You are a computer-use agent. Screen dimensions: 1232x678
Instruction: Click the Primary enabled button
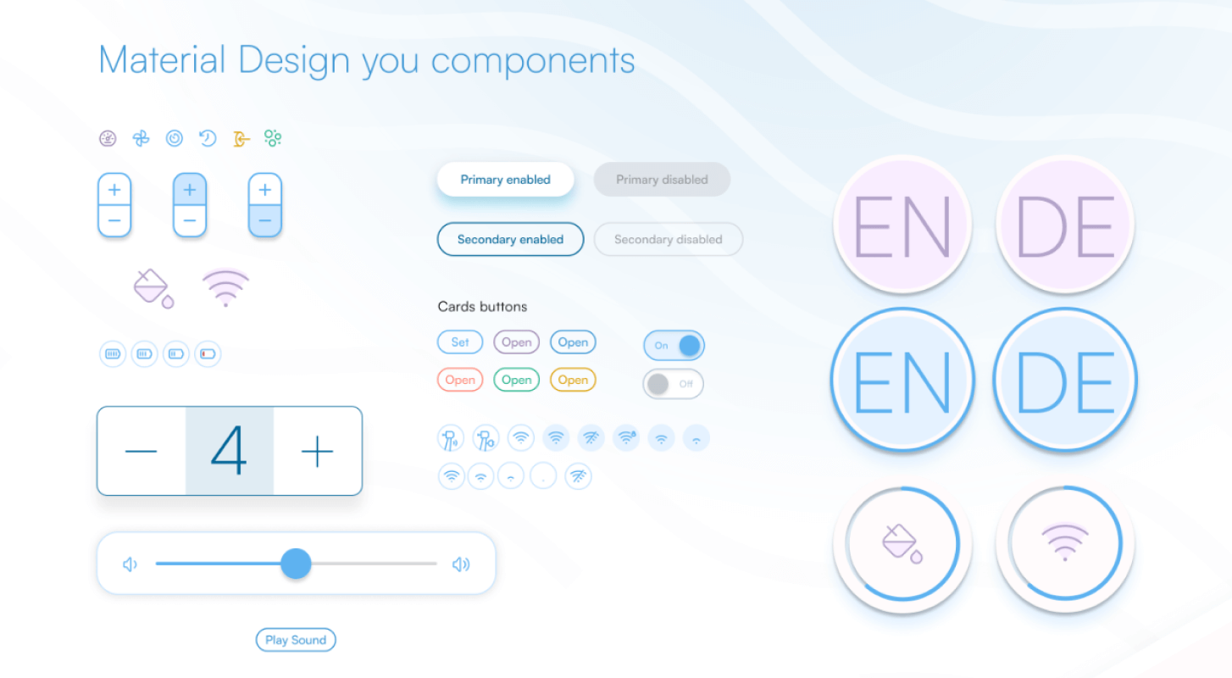click(506, 180)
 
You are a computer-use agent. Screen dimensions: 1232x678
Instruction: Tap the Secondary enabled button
click(510, 239)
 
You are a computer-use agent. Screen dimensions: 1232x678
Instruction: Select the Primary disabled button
click(662, 180)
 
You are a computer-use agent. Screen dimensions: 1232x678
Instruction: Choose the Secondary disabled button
click(669, 239)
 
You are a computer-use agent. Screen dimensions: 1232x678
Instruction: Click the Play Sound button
click(296, 640)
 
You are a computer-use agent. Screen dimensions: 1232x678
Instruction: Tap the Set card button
click(460, 342)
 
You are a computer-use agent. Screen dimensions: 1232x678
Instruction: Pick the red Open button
click(460, 380)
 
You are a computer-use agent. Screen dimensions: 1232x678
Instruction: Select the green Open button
click(517, 380)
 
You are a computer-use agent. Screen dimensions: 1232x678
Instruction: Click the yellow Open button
click(573, 380)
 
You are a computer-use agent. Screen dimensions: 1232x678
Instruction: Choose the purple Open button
click(517, 342)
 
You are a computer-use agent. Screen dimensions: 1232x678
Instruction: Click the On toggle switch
click(674, 346)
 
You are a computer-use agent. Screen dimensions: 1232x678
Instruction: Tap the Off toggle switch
click(674, 384)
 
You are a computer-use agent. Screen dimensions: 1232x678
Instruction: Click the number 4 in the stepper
click(229, 451)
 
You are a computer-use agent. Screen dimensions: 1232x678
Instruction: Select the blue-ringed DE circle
click(1065, 381)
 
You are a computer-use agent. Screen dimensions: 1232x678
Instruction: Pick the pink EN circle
click(902, 225)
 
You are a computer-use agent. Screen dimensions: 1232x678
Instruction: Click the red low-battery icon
click(208, 354)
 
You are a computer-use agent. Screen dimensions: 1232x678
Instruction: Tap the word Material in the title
click(162, 59)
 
